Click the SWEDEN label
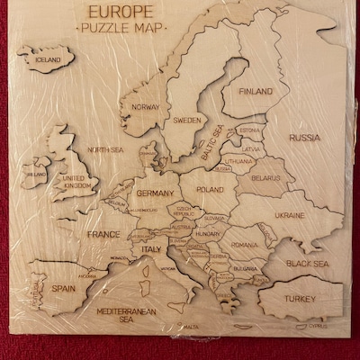(187, 119)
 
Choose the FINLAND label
(256, 91)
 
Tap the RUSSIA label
(304, 138)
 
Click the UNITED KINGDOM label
(75, 183)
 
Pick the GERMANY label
(155, 193)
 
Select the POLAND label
(209, 190)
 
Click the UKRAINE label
(289, 216)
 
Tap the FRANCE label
(103, 234)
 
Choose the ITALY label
(149, 248)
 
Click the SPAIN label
(63, 288)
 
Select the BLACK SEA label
(308, 264)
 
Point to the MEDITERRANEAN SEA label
(121, 314)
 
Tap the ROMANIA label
(243, 243)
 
